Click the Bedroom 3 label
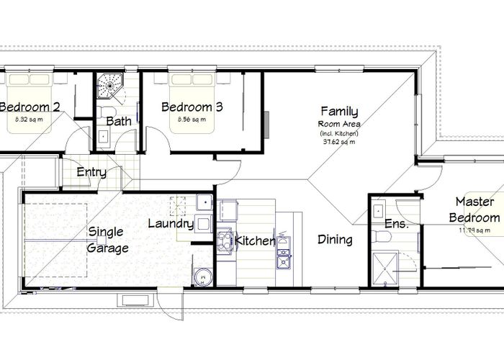click(192, 107)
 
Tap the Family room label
click(339, 112)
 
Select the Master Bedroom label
click(474, 210)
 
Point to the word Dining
click(335, 240)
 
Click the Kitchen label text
click(256, 241)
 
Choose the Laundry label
click(171, 224)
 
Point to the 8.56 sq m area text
click(192, 120)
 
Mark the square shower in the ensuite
click(395, 269)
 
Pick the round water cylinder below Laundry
click(202, 275)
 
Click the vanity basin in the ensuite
click(378, 211)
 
